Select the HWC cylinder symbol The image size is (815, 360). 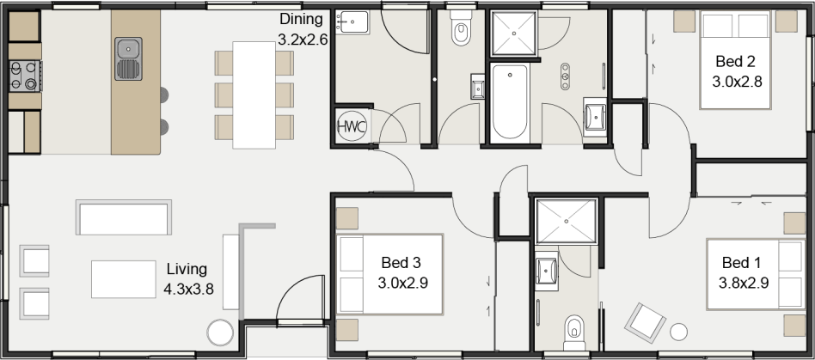point(352,126)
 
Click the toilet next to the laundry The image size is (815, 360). point(461,32)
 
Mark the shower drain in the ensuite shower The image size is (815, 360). point(566,219)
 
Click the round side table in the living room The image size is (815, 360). point(219,333)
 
